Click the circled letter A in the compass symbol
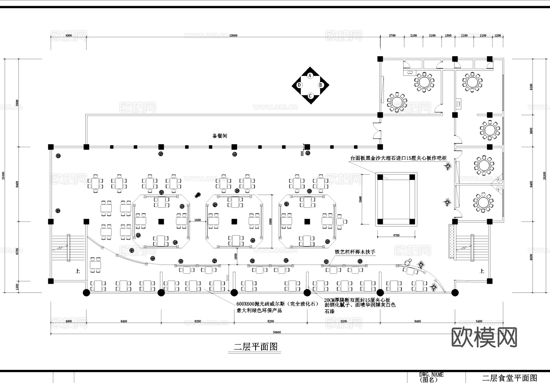[x=310, y=75]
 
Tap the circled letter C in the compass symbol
[x=310, y=96]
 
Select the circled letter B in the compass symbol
[x=321, y=85]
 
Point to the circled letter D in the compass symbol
[x=299, y=85]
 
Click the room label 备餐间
[x=220, y=136]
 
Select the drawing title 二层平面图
[x=255, y=347]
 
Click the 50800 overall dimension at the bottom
[x=277, y=332]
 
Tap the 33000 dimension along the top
[x=233, y=36]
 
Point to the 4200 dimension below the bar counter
[x=396, y=235]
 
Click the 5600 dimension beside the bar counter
[x=361, y=199]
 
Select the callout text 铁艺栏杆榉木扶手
[x=355, y=252]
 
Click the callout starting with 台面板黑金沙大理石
[x=398, y=158]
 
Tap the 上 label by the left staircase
[x=78, y=271]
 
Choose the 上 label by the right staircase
[x=482, y=271]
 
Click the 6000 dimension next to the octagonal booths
[x=270, y=221]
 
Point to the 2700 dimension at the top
[x=392, y=36]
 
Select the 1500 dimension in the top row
[x=448, y=36]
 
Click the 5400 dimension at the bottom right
[x=479, y=321]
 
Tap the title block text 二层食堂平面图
[x=509, y=378]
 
